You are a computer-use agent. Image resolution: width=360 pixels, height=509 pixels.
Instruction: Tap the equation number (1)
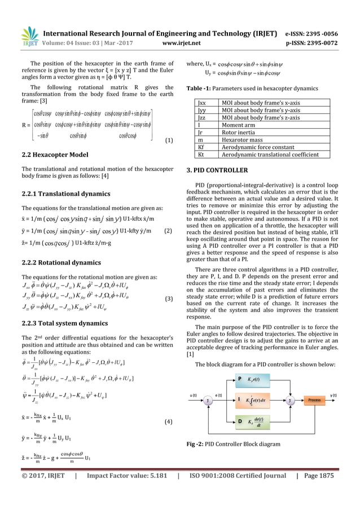click(x=168, y=140)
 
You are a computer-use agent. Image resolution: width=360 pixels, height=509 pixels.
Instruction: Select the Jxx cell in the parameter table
click(x=202, y=102)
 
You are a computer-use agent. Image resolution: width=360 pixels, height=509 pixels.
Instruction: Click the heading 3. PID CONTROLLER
click(x=218, y=169)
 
